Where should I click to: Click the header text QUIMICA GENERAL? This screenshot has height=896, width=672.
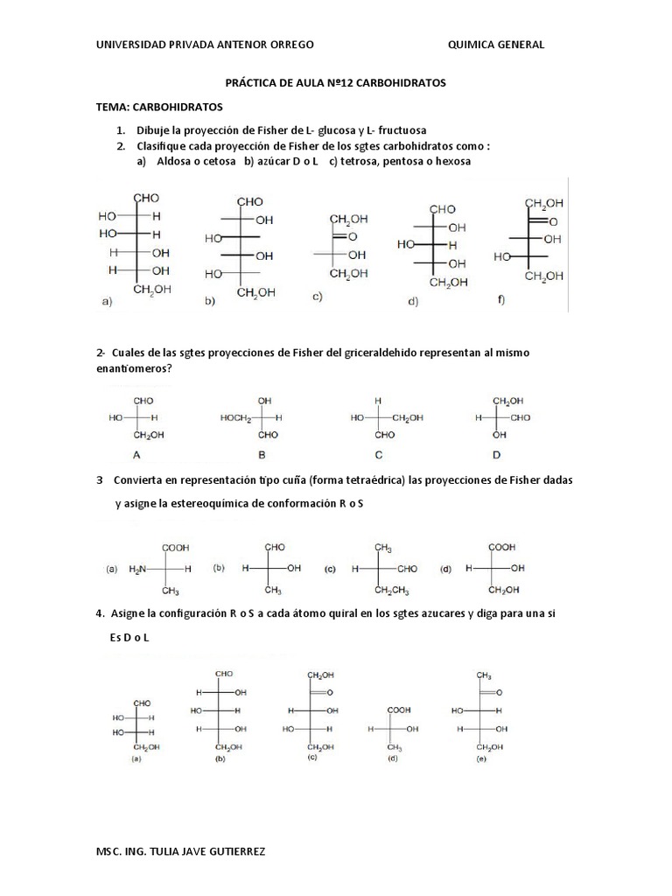(495, 45)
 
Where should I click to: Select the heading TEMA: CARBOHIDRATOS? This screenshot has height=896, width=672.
(159, 107)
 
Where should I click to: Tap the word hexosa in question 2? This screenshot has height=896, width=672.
(451, 162)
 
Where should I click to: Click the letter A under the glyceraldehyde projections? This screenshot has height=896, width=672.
(136, 455)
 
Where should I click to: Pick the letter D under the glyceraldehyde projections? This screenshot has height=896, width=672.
(496, 455)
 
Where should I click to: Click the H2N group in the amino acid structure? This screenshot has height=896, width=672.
(138, 569)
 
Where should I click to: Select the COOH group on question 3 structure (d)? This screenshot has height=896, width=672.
(502, 547)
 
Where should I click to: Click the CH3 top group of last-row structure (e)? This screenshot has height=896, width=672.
(483, 675)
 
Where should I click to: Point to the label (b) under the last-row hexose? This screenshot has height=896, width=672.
(220, 760)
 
